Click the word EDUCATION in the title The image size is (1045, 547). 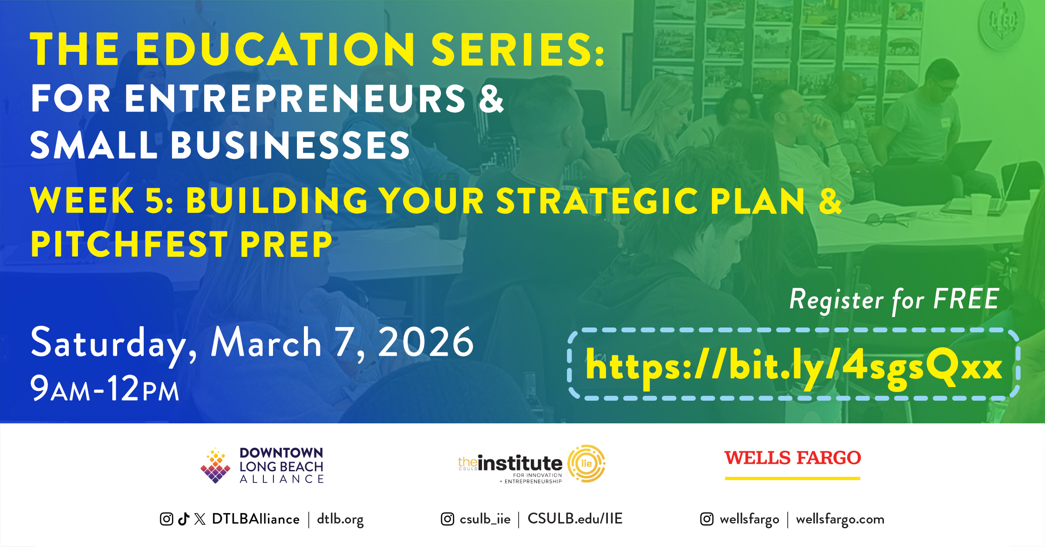(x=275, y=49)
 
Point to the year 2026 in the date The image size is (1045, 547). (x=425, y=342)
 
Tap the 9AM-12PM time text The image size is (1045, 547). (x=104, y=388)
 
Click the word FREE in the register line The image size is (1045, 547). (x=966, y=299)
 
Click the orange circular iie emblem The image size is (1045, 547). (x=587, y=463)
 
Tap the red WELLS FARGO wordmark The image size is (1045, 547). (x=792, y=458)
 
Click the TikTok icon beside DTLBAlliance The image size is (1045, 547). (x=184, y=519)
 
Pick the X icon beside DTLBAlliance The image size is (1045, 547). (x=200, y=519)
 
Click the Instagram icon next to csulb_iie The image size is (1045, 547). (x=448, y=519)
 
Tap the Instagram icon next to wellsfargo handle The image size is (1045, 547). (x=707, y=519)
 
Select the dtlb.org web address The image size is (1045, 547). (x=340, y=520)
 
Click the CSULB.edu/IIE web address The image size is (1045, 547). (x=575, y=518)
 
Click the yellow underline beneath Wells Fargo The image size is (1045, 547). (x=792, y=479)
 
